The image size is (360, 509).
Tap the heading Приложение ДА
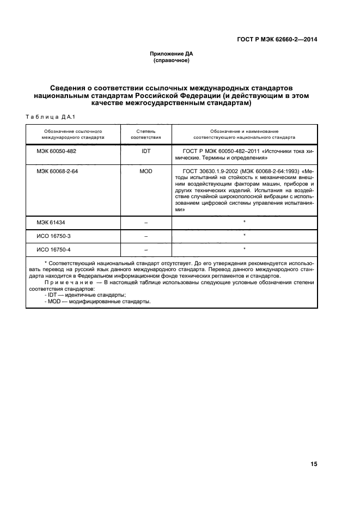(x=172, y=54)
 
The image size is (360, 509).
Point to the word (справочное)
(x=172, y=60)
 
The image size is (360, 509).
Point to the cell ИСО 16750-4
(x=53, y=249)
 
